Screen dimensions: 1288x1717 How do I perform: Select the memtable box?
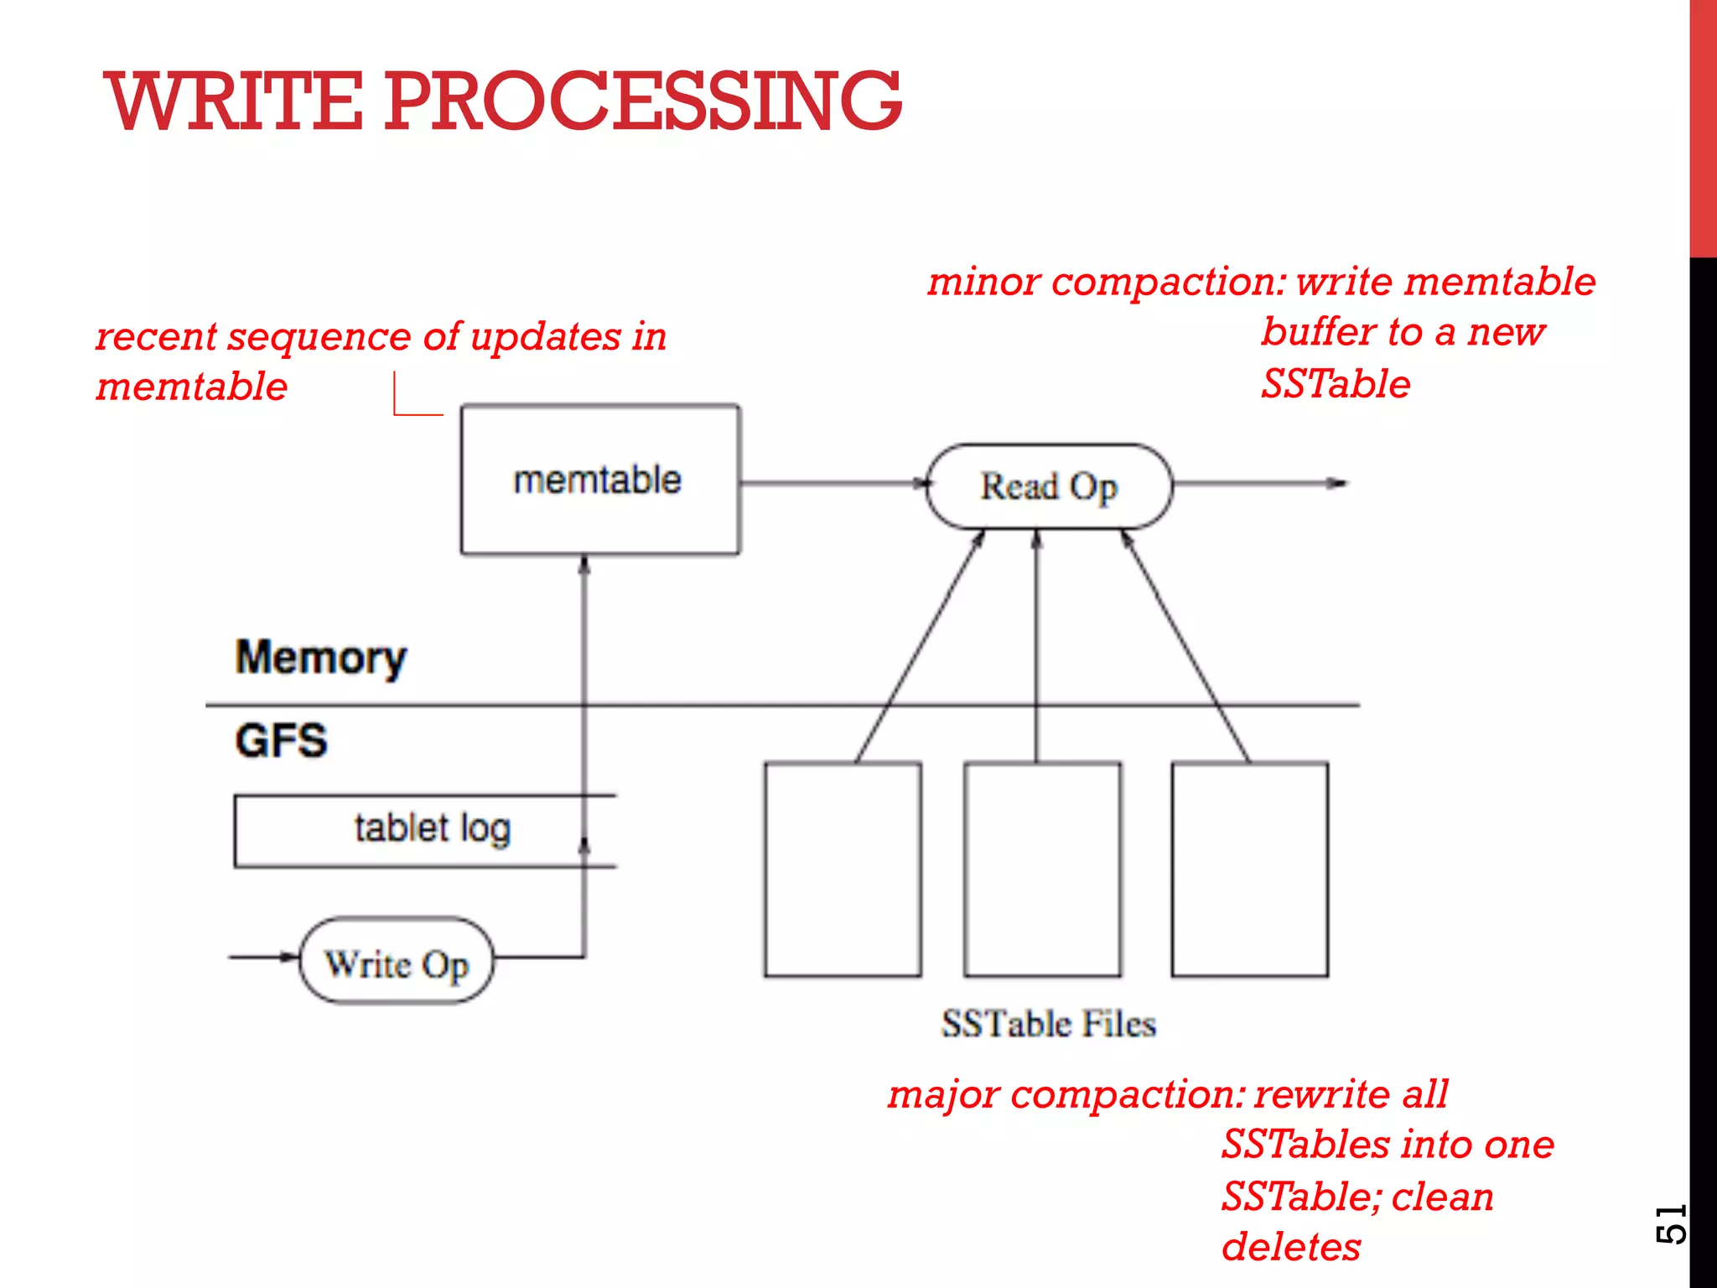pos(599,480)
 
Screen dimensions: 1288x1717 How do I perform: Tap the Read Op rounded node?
pos(1048,486)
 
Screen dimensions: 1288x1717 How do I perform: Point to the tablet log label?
pos(432,828)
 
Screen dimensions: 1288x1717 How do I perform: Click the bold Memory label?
pos(320,657)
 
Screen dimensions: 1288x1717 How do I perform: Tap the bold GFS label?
pos(281,740)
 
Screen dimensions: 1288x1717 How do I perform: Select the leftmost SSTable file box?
pos(843,869)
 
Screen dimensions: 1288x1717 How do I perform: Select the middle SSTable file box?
pos(1042,869)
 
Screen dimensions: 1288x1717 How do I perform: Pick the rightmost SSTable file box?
pos(1249,869)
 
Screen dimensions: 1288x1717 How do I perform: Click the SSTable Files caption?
pos(1048,1024)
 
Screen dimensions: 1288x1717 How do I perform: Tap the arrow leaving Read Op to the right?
pos(1258,483)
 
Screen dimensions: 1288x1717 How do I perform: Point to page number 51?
pos(1670,1224)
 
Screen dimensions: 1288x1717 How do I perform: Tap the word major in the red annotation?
pos(943,1094)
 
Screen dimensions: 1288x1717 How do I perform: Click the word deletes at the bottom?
pos(1291,1247)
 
